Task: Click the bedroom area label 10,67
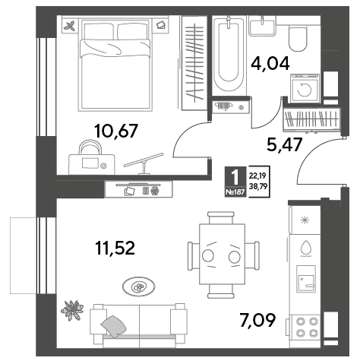(116, 131)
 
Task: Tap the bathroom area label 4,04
(270, 64)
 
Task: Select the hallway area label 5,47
(285, 145)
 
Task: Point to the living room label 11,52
(115, 248)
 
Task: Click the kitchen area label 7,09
(257, 320)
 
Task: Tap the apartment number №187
(235, 192)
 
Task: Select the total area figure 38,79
(259, 186)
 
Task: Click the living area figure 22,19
(258, 176)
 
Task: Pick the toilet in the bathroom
(298, 39)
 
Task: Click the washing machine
(305, 88)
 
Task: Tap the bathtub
(229, 55)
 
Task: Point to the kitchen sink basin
(306, 279)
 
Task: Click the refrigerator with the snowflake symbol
(305, 220)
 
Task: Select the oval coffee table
(139, 286)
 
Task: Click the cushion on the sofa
(114, 326)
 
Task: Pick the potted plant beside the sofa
(72, 310)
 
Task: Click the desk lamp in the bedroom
(144, 163)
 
